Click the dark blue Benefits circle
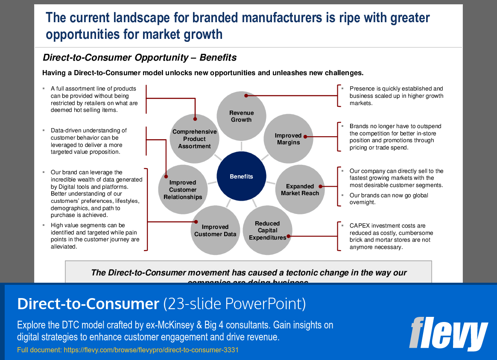coord(241,176)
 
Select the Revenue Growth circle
coord(241,116)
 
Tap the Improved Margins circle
coord(289,139)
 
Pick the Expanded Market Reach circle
coord(300,190)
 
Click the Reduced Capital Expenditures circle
coord(267,230)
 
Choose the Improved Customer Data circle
coord(215,231)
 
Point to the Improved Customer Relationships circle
coord(183,190)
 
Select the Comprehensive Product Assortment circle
coord(194,139)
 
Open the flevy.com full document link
coord(151,350)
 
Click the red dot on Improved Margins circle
coord(310,137)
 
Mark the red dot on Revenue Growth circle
coord(246,96)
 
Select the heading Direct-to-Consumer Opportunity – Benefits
coord(140,58)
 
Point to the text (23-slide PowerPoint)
coord(234,304)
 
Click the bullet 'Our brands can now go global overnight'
coord(389,199)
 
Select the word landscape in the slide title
coord(131,18)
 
